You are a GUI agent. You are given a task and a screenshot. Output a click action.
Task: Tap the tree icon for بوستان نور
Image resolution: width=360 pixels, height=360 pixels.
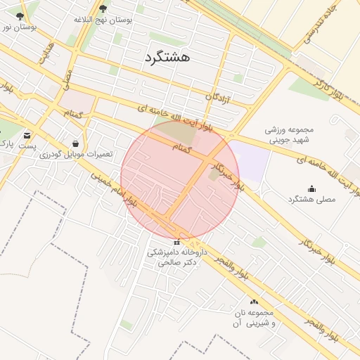pos(19,15)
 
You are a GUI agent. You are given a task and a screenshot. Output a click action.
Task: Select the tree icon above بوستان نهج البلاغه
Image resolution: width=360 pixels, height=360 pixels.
pos(103,9)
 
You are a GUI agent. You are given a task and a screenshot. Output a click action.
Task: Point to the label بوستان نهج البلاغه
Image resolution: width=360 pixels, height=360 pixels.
pos(103,20)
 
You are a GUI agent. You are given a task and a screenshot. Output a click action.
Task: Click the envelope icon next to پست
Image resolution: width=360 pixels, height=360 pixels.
pos(27,135)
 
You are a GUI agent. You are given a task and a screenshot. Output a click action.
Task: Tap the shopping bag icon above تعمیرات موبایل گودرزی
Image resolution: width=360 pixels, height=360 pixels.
pos(75,143)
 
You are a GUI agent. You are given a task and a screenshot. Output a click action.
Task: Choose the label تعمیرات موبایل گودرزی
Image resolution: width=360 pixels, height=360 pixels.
pos(72,154)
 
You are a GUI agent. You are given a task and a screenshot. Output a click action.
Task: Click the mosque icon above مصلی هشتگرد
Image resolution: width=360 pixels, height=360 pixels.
pos(312,188)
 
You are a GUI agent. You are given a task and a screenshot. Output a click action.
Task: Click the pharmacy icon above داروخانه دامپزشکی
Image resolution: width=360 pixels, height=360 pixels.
pos(176,242)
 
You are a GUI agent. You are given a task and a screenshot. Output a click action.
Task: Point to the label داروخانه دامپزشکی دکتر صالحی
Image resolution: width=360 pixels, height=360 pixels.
pos(176,257)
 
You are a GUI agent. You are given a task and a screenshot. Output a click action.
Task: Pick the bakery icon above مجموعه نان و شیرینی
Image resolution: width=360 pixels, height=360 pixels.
pos(254,302)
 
